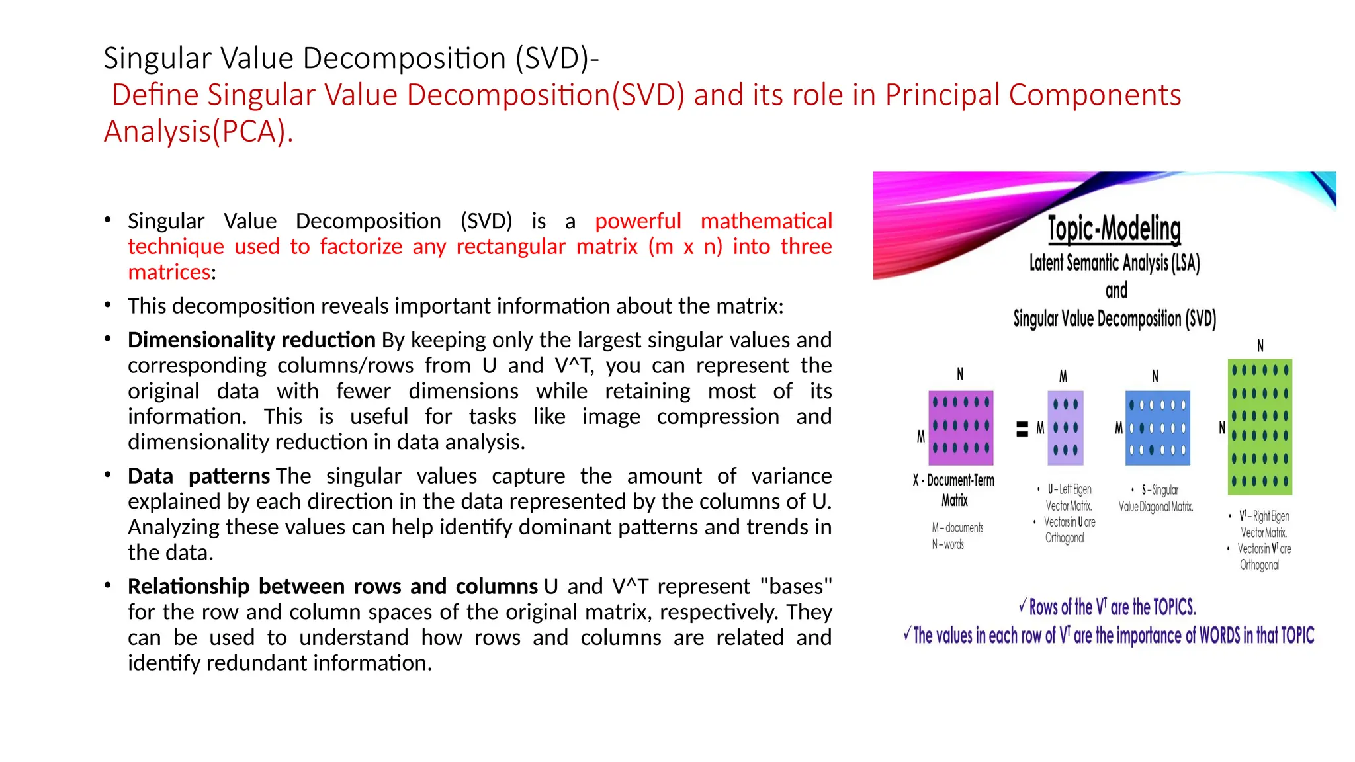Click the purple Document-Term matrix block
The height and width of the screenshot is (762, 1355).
[962, 427]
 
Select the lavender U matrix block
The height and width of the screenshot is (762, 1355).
[1065, 427]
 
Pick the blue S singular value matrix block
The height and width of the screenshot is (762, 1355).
[1157, 427]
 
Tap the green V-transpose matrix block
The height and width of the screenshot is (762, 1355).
[1260, 427]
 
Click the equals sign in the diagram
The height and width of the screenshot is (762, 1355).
[1022, 429]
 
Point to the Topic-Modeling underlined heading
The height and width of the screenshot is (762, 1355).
[1114, 229]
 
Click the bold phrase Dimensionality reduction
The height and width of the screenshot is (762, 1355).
[251, 340]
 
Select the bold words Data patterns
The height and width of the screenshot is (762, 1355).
[198, 476]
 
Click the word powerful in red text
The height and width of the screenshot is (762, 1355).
[637, 221]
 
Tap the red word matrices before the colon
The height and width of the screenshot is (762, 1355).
[169, 272]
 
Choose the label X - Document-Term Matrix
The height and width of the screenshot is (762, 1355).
[954, 490]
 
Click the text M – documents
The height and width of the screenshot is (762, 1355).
[957, 528]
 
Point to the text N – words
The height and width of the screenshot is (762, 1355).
[948, 544]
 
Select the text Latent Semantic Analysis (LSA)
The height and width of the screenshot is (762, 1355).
[1114, 263]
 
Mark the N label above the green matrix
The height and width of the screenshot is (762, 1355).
[1260, 345]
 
